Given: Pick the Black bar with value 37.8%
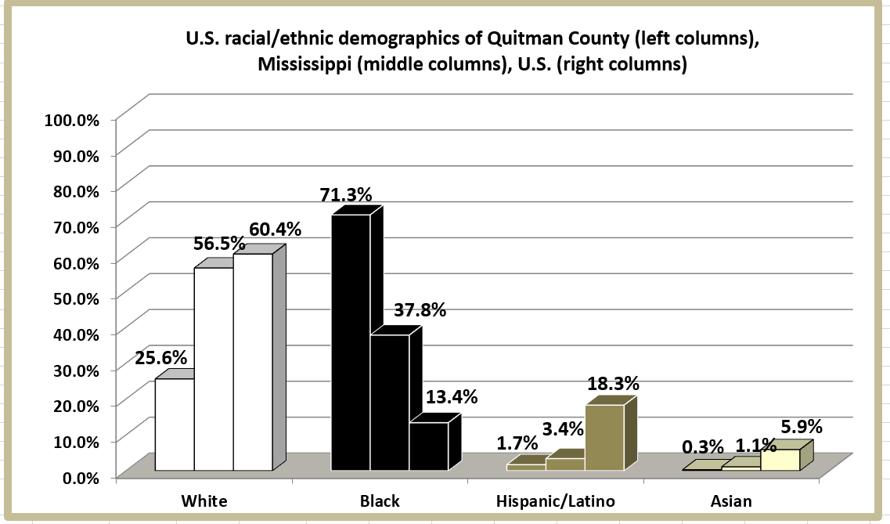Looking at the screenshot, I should [x=390, y=403].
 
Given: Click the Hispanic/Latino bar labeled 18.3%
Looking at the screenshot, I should [x=604, y=438].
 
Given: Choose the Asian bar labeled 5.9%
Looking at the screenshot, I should [x=780, y=460].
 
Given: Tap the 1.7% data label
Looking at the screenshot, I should [x=517, y=443].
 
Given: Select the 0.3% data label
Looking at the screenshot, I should [x=702, y=447].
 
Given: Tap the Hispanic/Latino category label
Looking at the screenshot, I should [x=557, y=502].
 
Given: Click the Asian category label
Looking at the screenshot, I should [x=732, y=502].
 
